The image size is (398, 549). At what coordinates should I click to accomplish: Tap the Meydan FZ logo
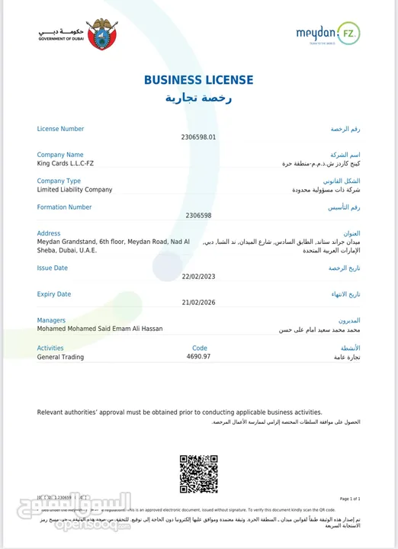click(327, 34)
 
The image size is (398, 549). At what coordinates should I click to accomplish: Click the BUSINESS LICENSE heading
click(198, 80)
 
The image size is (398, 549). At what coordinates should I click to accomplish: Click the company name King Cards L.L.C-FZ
click(66, 163)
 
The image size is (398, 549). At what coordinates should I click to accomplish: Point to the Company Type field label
click(59, 181)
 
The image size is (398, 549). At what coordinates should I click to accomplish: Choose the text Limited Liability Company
click(75, 189)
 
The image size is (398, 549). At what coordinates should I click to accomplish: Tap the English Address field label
click(49, 233)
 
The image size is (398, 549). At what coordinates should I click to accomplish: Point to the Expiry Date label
click(54, 294)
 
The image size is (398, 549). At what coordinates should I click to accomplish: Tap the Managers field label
click(51, 320)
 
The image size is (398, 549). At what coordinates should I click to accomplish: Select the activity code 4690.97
click(198, 356)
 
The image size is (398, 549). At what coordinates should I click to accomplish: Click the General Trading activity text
click(61, 357)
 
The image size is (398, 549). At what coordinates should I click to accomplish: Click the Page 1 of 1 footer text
click(349, 498)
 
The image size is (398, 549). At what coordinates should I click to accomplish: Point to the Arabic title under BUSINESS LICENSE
click(198, 99)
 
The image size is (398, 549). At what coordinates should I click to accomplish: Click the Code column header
click(200, 348)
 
